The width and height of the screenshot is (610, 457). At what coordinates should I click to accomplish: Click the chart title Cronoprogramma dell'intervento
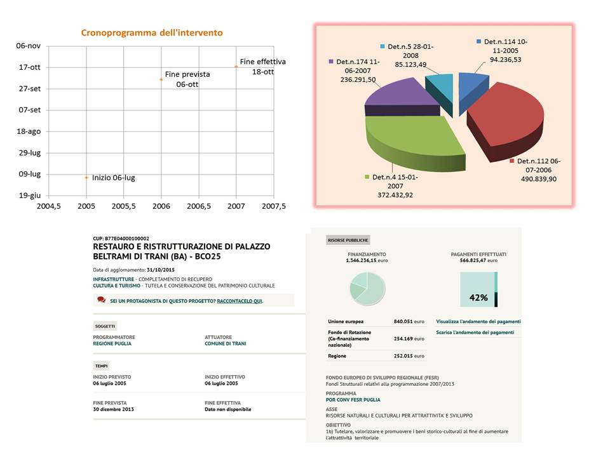(x=152, y=32)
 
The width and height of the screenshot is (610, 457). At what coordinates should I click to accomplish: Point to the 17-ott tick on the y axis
(x=30, y=67)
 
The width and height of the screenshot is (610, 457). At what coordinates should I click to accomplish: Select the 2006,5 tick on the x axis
(x=199, y=206)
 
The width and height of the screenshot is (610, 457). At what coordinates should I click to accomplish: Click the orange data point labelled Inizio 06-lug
(x=86, y=178)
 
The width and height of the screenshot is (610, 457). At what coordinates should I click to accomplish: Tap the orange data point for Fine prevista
(x=161, y=80)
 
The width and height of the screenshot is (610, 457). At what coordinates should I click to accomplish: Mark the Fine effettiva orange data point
(x=236, y=67)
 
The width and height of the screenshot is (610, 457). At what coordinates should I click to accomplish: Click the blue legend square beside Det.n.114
(x=478, y=41)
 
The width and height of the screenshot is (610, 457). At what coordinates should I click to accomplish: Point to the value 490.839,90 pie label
(x=539, y=179)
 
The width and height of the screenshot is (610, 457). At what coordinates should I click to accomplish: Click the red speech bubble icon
(x=102, y=300)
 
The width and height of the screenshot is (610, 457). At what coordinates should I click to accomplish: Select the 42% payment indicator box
(x=478, y=289)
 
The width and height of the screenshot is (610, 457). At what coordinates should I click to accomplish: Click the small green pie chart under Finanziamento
(x=367, y=288)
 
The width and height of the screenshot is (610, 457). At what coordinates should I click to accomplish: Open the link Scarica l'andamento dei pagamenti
(x=475, y=332)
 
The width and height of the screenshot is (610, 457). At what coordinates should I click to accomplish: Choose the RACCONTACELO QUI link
(x=240, y=301)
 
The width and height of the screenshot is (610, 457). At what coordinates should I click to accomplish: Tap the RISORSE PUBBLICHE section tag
(x=348, y=240)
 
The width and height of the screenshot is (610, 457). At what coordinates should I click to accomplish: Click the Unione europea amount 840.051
(x=403, y=321)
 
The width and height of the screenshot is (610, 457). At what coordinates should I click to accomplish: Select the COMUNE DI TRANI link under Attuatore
(x=225, y=343)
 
